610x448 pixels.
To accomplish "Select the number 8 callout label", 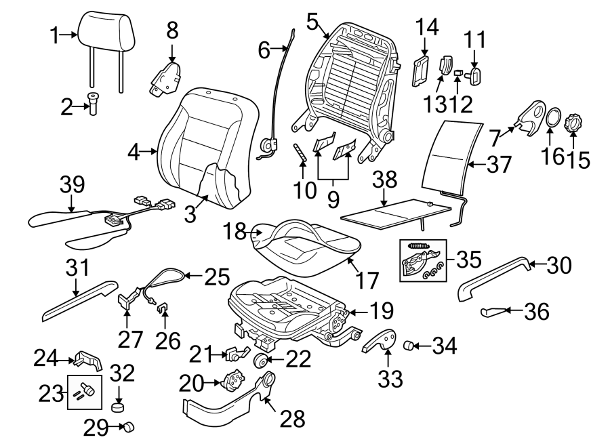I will point(172,30).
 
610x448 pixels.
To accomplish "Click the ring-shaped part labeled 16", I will point(554,117).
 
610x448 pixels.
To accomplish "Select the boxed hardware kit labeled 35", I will point(420,259).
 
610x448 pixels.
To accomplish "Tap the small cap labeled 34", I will point(409,346).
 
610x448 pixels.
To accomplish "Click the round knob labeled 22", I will point(261,360).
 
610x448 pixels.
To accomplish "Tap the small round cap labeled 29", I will point(127,427).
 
